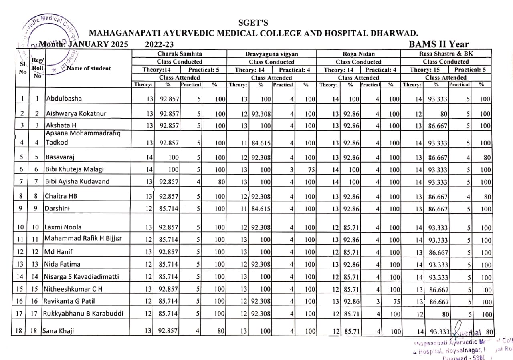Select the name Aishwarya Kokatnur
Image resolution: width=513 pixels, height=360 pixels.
tap(76, 113)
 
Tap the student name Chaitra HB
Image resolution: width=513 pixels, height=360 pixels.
tap(60, 196)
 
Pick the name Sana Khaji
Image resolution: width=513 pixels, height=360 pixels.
tap(59, 331)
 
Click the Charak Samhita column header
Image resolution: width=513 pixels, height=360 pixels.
tap(180, 54)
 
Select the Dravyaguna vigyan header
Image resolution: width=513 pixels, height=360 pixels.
tap(272, 54)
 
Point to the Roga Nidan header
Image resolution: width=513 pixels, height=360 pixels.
tap(358, 54)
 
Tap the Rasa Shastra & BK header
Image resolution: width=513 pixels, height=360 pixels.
tap(446, 54)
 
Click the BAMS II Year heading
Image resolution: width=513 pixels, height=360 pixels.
tap(439, 44)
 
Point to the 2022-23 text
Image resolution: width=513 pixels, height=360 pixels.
tap(159, 44)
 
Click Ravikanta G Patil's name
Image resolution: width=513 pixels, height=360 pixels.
tap(70, 301)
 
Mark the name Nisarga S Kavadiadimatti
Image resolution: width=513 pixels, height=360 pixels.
tap(82, 276)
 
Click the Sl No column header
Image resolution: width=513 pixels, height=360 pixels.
tap(22, 68)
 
